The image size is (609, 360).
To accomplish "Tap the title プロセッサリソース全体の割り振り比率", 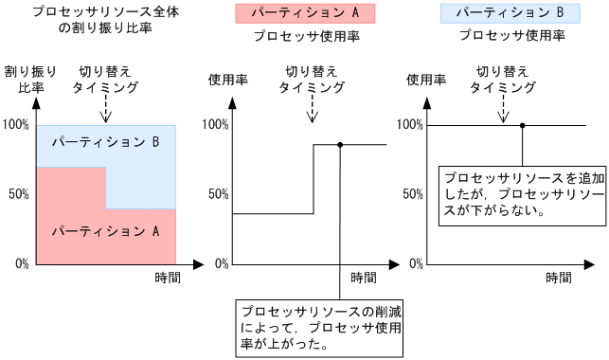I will (94, 20).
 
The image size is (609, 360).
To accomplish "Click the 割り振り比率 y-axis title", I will (29, 80).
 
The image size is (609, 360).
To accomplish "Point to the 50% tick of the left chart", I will (16, 193).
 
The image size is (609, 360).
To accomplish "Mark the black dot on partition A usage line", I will (339, 144).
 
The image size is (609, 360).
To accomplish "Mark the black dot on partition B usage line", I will (522, 125).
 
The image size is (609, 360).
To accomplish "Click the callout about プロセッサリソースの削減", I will (323, 327).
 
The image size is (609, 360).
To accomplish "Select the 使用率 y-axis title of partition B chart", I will (425, 80).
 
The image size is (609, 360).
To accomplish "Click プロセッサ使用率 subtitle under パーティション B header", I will (511, 36).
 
